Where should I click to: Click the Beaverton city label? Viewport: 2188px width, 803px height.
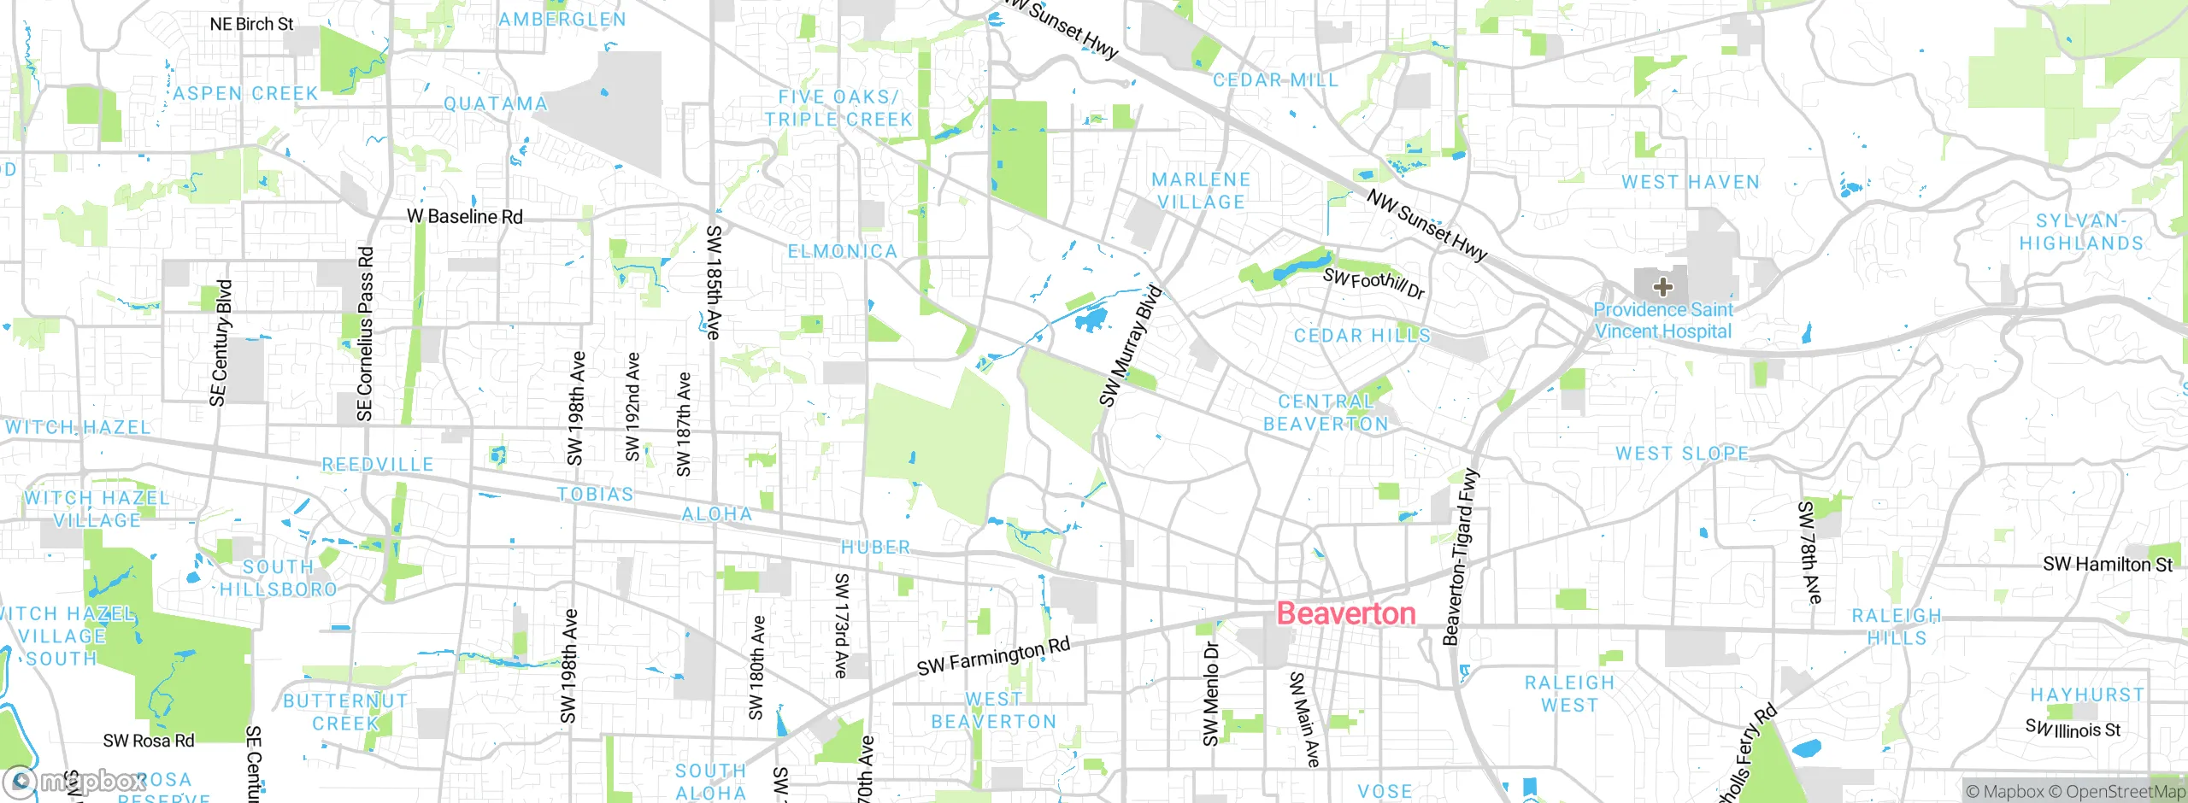[x=1346, y=613]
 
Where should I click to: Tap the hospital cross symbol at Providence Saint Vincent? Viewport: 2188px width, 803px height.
[x=1662, y=286]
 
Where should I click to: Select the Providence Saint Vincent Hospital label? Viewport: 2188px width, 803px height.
[x=1662, y=320]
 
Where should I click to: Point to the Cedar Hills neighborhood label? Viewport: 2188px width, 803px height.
[x=1362, y=336]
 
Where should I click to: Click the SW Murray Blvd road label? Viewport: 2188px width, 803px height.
[x=1131, y=346]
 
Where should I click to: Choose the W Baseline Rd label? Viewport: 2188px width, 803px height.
[x=464, y=216]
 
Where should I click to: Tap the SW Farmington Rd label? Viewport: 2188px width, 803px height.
[x=993, y=656]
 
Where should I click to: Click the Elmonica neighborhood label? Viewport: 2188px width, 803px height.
[x=842, y=251]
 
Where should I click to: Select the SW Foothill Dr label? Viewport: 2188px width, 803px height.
[x=1373, y=284]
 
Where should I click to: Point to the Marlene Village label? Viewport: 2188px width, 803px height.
[x=1201, y=190]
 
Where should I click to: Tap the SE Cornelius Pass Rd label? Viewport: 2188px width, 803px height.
[x=365, y=333]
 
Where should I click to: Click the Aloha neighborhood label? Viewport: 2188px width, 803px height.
[x=716, y=513]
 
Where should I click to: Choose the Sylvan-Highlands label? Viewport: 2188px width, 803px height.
[x=2081, y=232]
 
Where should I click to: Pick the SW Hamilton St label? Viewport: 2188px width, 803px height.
[x=2107, y=564]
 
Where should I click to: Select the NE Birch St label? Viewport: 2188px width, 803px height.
[x=251, y=24]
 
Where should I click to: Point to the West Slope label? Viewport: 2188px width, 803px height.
[x=1681, y=453]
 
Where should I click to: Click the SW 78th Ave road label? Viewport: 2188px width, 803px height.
[x=1809, y=552]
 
